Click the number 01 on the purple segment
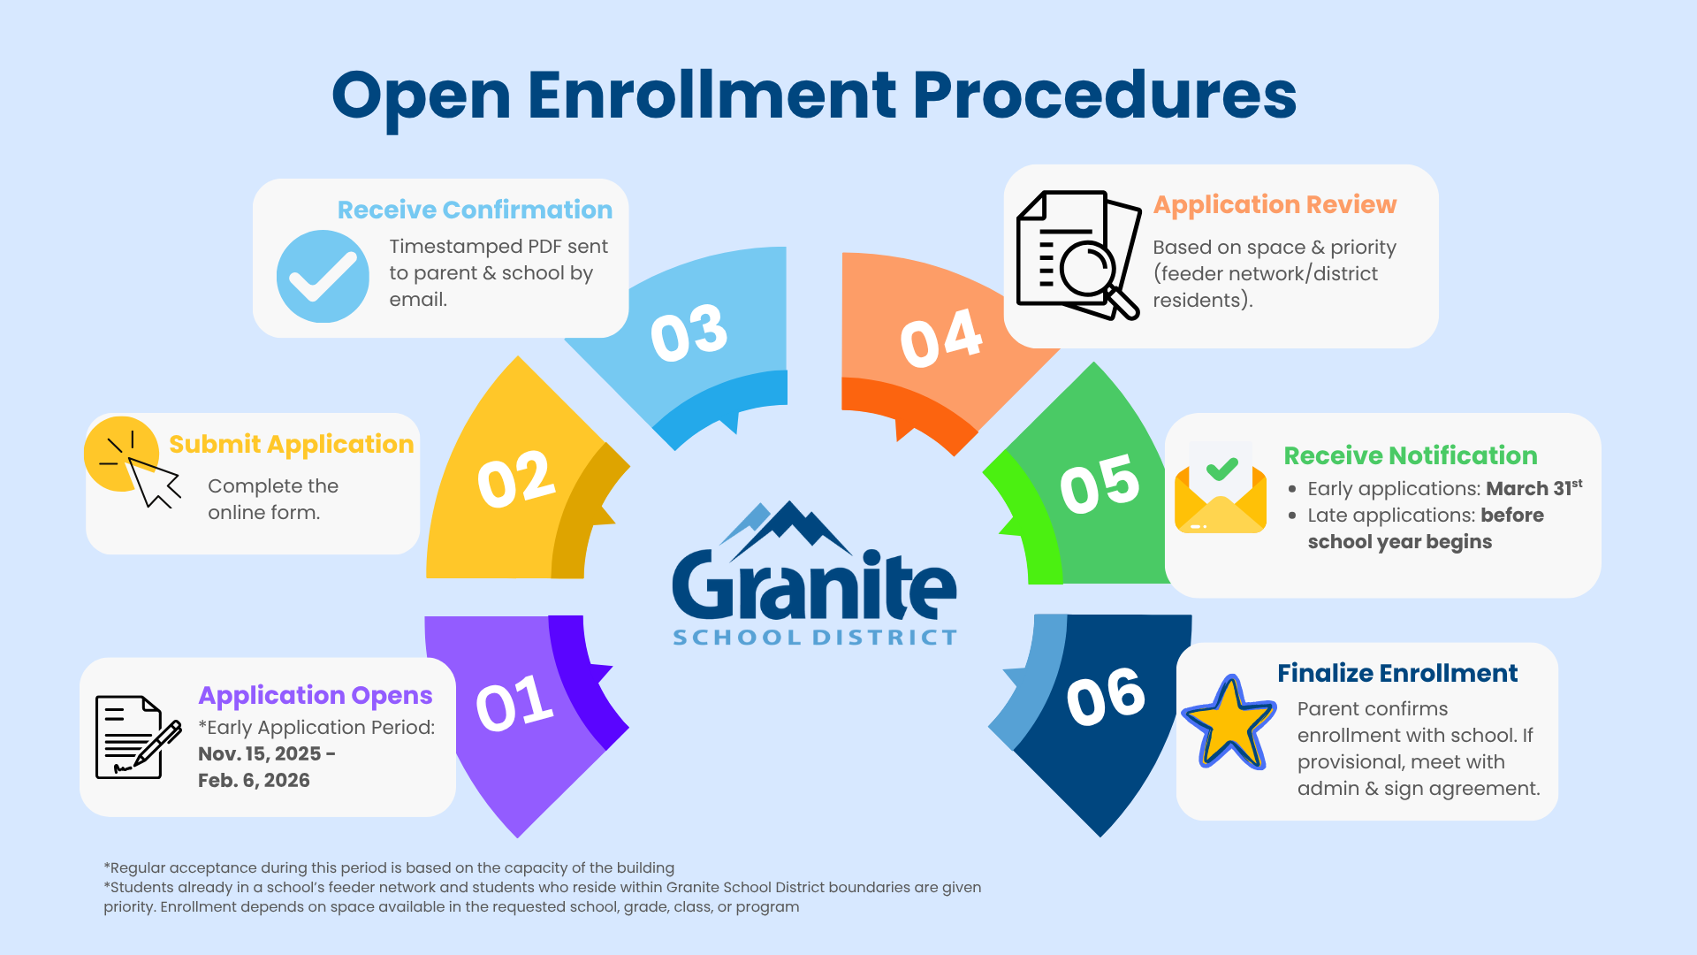click(514, 704)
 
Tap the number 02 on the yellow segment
click(516, 479)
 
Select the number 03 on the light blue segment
click(689, 332)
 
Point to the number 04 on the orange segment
click(940, 338)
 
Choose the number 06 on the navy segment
click(1105, 697)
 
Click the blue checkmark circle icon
click(323, 277)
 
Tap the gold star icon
click(1229, 723)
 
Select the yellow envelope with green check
click(1220, 490)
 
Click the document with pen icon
click(134, 737)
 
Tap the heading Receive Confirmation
click(475, 210)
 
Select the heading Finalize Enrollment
click(1396, 673)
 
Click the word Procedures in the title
click(1104, 95)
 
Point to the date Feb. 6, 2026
click(254, 780)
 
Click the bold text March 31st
click(1533, 488)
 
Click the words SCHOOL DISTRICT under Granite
click(814, 638)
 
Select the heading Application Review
click(1275, 204)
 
